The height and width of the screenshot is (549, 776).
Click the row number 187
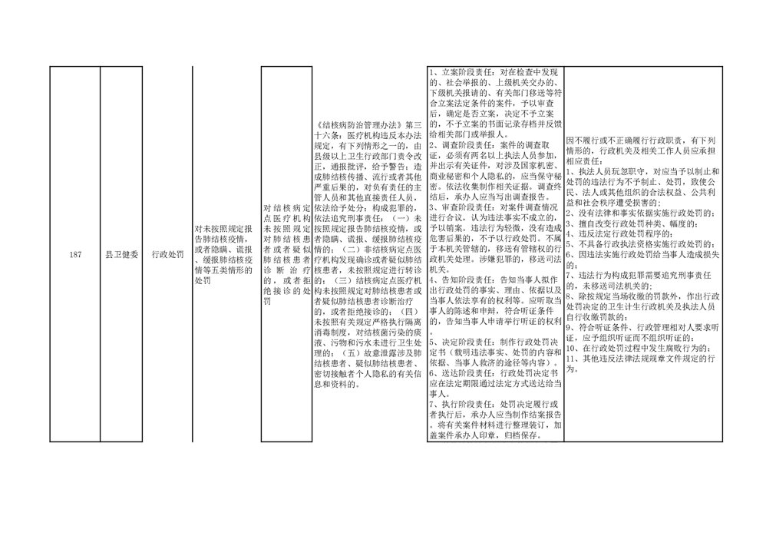(75, 254)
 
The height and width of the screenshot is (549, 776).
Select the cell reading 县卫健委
(122, 254)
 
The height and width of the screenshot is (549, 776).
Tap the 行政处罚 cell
(168, 254)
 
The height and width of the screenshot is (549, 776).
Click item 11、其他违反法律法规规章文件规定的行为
(642, 364)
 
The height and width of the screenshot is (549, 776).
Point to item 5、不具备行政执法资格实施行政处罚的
(640, 244)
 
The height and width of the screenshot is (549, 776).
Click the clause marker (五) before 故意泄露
(350, 353)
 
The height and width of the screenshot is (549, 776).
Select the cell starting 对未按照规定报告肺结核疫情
(223, 254)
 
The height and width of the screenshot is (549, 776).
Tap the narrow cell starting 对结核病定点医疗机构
(286, 254)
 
